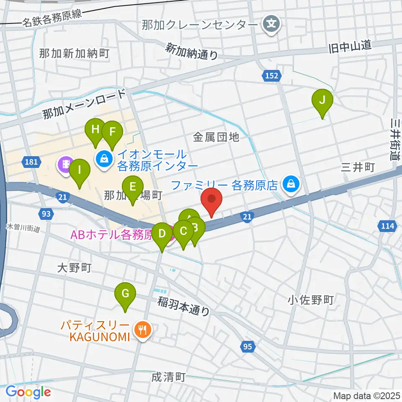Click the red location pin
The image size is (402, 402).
tap(211, 201)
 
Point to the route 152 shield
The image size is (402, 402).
tap(271, 75)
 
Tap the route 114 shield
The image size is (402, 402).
tap(388, 226)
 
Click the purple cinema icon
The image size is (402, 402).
tap(66, 164)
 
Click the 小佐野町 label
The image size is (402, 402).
tap(310, 300)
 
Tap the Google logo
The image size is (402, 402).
tap(28, 392)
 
